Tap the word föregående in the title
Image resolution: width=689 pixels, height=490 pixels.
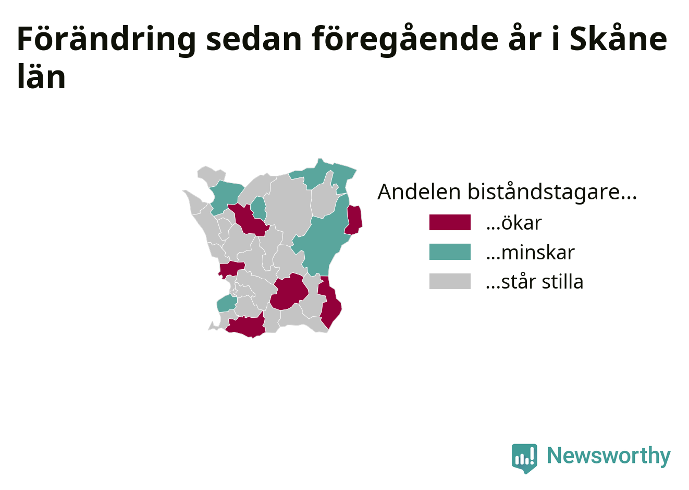click(405, 40)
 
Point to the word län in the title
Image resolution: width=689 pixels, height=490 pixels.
click(41, 76)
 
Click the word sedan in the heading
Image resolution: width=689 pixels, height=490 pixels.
click(254, 39)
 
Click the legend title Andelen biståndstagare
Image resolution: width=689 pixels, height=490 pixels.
click(507, 192)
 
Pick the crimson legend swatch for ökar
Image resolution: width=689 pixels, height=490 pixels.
click(450, 222)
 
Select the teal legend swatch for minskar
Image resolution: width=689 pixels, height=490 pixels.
click(450, 252)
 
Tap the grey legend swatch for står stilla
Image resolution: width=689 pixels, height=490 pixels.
click(450, 281)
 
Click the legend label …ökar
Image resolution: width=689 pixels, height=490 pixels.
click(514, 222)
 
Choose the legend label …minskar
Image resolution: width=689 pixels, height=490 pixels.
click(530, 253)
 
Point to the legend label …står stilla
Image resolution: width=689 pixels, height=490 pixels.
click(535, 281)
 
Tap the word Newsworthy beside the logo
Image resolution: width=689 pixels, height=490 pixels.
click(609, 456)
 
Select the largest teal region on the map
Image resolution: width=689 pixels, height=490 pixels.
click(323, 243)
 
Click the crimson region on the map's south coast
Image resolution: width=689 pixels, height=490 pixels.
click(246, 327)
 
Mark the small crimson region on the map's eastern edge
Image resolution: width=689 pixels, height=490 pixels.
click(353, 220)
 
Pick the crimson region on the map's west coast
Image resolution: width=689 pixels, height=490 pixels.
click(231, 269)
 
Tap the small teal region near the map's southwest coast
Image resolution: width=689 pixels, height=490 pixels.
click(227, 303)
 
